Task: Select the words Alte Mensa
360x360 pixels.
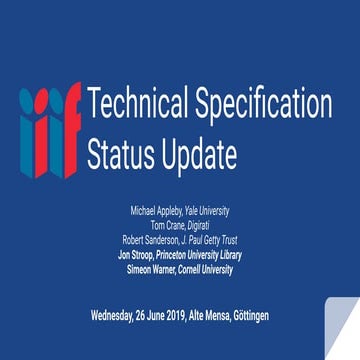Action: click(x=211, y=316)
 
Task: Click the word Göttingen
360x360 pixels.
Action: click(x=251, y=316)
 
